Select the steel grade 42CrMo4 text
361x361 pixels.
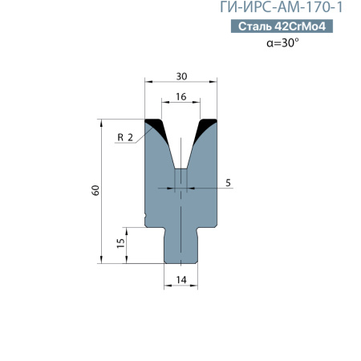click(300, 27)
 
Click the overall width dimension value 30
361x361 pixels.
click(181, 75)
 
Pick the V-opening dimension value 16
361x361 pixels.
click(181, 95)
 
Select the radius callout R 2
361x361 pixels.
click(124, 137)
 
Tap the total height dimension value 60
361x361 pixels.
click(95, 190)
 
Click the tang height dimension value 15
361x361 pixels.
click(120, 244)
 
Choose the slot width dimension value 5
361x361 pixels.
click(228, 183)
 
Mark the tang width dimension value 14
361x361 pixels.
click(181, 278)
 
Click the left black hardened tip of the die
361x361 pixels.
click(154, 126)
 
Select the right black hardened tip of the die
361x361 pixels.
click(209, 126)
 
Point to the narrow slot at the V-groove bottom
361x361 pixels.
click(181, 177)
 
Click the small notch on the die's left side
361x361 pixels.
click(147, 217)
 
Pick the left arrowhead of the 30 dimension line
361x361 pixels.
click(148, 81)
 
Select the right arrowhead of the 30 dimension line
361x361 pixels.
click(214, 81)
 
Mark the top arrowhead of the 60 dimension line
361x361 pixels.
click(102, 124)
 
